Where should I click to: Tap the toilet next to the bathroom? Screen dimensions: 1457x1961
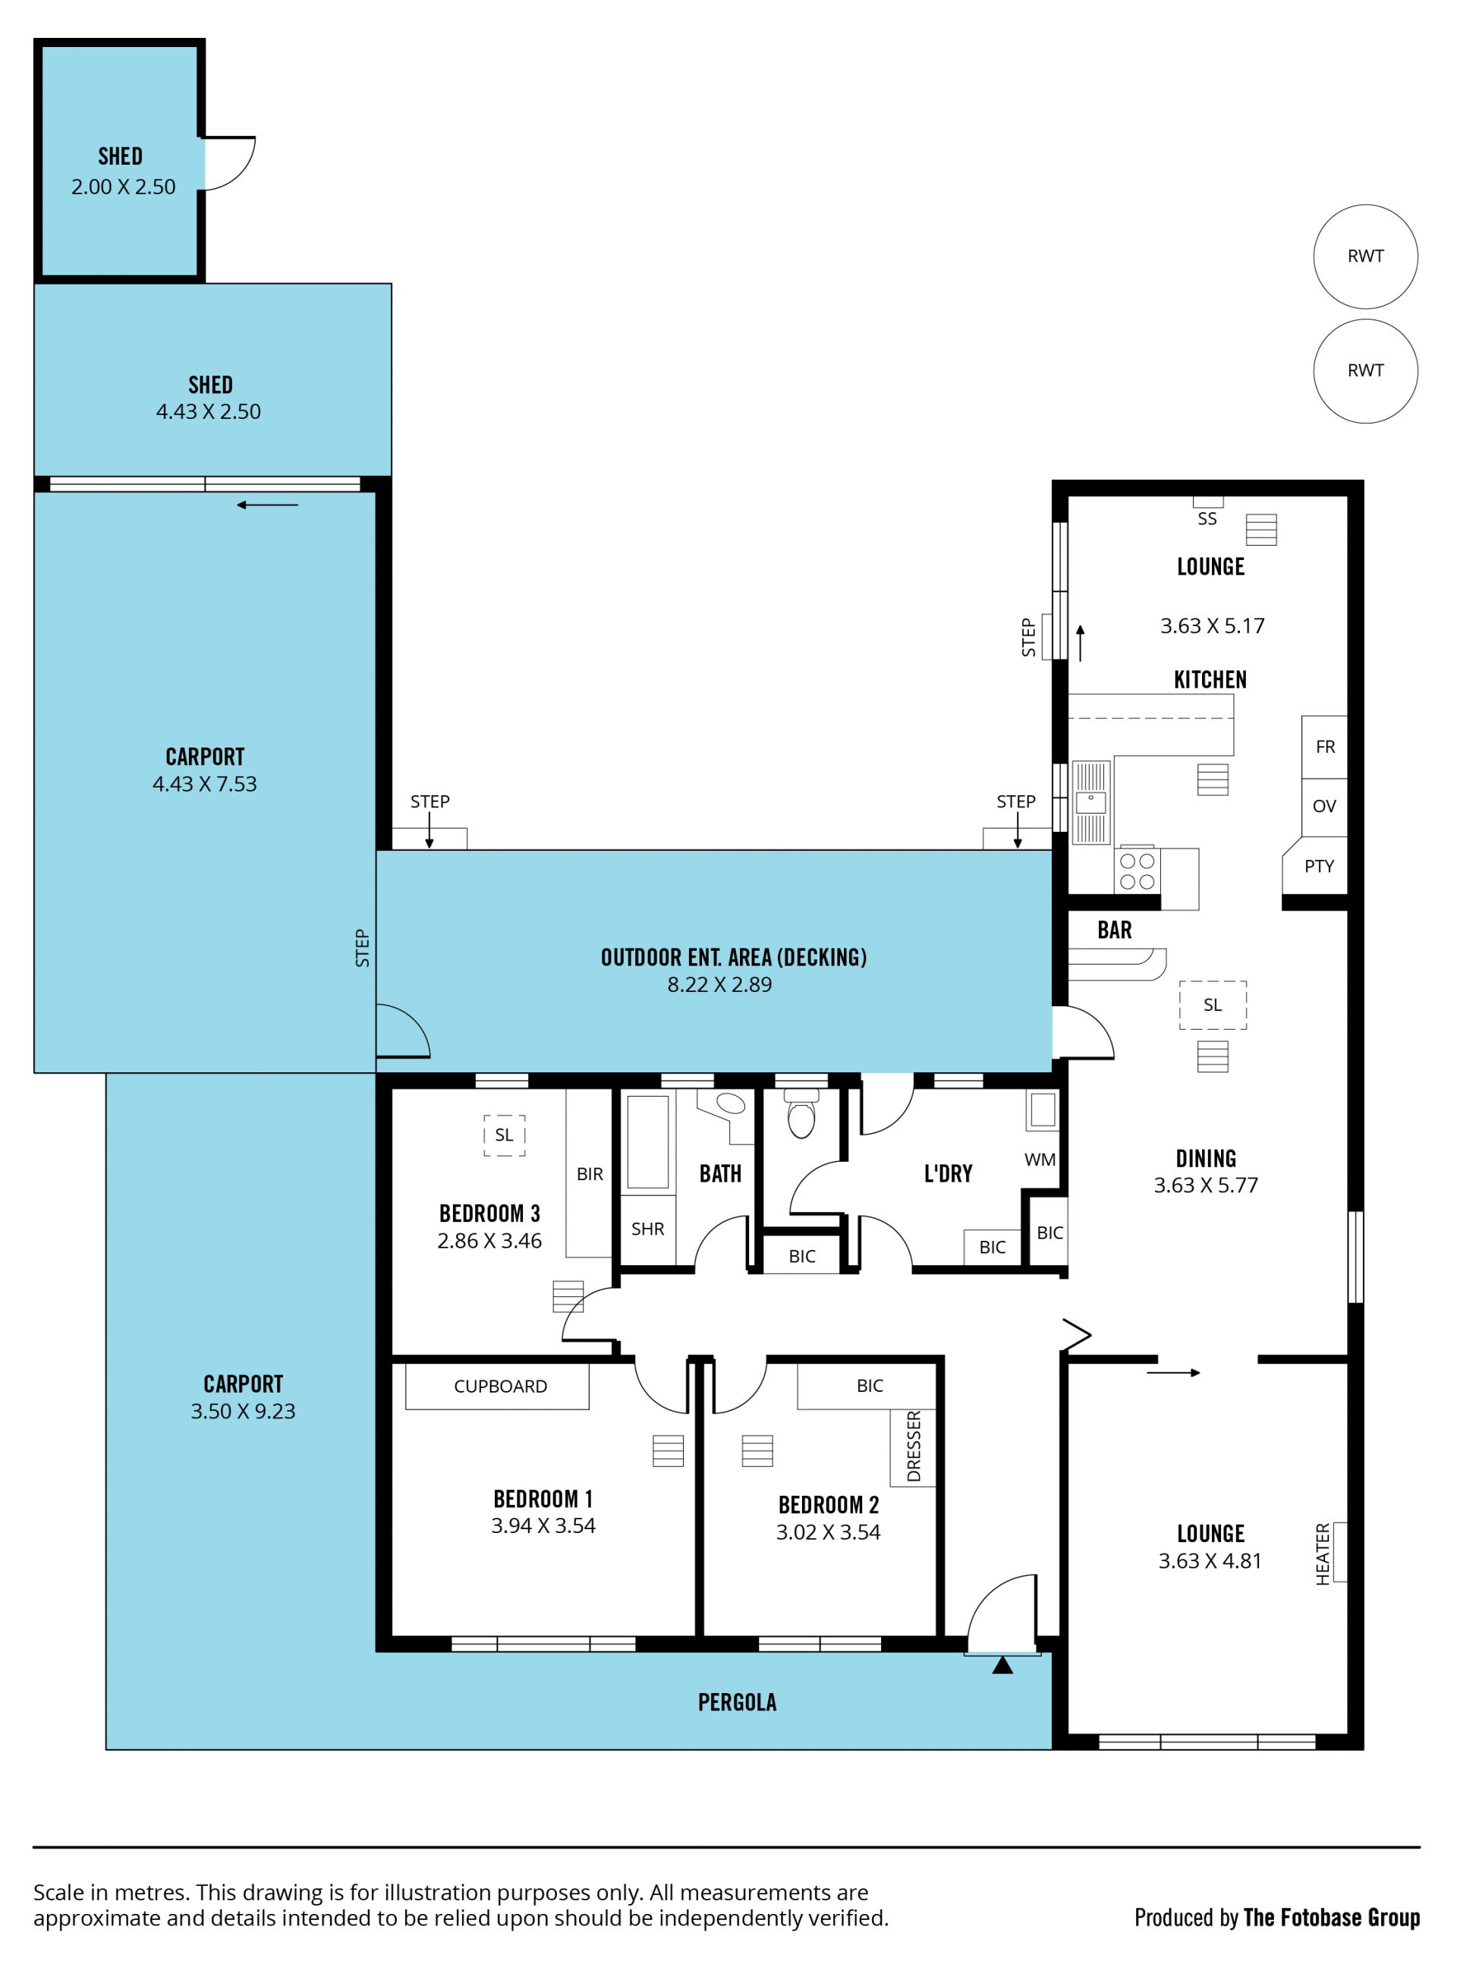[x=801, y=1114]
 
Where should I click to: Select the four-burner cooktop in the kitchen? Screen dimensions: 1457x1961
[x=1137, y=870]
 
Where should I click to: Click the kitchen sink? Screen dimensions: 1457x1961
[x=1091, y=803]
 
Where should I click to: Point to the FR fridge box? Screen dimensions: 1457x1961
[x=1325, y=748]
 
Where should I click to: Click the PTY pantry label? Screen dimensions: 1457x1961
[x=1320, y=866]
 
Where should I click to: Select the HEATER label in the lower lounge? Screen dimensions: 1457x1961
[x=1322, y=1554]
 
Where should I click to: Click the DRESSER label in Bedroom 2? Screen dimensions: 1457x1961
[x=914, y=1446]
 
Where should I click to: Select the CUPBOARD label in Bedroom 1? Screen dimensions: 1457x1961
[x=500, y=1387]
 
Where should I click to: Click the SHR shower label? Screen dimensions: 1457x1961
[x=647, y=1229]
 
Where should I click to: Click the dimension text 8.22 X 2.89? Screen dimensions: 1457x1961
[x=719, y=984]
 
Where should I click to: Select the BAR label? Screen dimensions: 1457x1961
[x=1115, y=930]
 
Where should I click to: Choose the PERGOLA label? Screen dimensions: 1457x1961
[x=738, y=1702]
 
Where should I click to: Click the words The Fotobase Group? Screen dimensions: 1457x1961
[x=1332, y=1918]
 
